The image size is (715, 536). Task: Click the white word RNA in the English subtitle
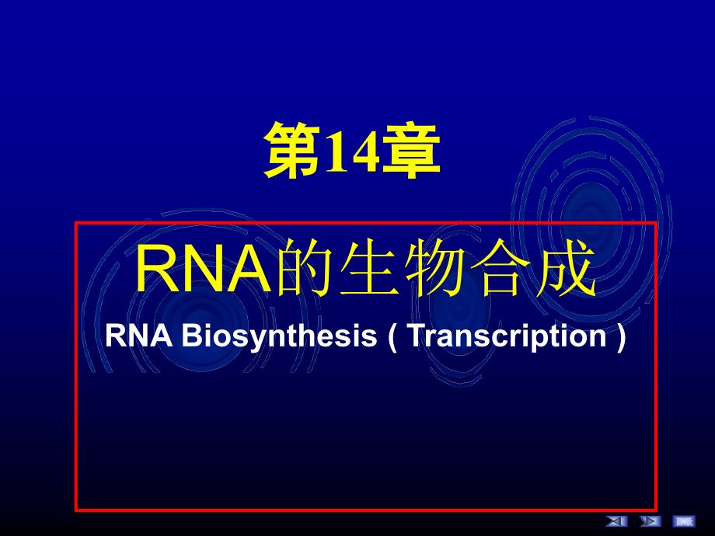click(131, 336)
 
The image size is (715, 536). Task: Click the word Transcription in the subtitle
click(506, 336)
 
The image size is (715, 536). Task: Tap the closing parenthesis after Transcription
click(619, 336)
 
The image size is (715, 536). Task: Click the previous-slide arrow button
click(616, 520)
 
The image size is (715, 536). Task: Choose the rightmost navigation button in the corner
click(683, 520)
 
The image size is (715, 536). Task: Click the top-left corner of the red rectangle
click(75, 224)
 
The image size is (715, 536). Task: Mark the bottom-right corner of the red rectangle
click(656, 510)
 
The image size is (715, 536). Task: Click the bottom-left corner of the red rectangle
click(75, 510)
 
